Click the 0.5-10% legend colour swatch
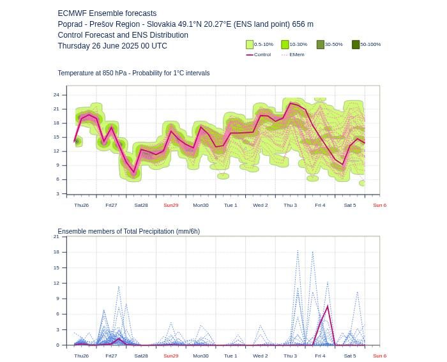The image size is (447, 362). pos(250,45)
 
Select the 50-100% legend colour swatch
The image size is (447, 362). pos(356,45)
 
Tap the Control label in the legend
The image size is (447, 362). pos(262,54)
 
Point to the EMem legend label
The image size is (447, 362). pos(297,54)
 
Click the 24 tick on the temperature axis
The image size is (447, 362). pos(56,95)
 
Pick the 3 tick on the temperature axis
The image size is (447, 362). pos(58,193)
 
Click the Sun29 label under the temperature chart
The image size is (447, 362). pos(171,205)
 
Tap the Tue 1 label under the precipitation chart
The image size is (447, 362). pos(231,356)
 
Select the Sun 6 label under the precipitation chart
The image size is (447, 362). pos(380,356)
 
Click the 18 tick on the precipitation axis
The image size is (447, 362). pos(56,252)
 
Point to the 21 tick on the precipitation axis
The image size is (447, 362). pos(56,237)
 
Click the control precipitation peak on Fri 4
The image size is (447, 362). pos(328,306)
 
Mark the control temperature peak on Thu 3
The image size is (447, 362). pos(291,103)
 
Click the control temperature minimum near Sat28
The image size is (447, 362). pos(133,172)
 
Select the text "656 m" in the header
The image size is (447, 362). pos(303,24)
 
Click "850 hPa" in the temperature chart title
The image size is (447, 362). pos(114,73)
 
